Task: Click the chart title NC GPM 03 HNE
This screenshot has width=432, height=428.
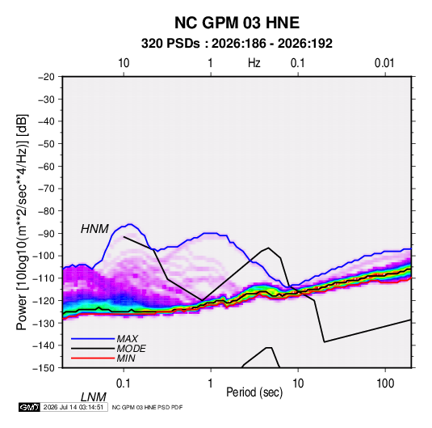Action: pos(237,23)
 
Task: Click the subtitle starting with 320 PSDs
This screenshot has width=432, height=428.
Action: pos(237,44)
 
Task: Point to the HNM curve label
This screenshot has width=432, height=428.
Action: pos(94,229)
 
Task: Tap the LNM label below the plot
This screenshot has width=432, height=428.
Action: pos(94,397)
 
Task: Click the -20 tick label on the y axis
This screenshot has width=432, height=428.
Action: pos(46,77)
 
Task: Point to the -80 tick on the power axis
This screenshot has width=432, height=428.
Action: pos(46,211)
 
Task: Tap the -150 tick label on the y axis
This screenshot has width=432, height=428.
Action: pos(44,368)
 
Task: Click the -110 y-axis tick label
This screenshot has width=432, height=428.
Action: pos(44,278)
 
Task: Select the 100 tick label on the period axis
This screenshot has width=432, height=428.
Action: pos(385,384)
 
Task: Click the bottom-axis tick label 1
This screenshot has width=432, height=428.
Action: pos(210,384)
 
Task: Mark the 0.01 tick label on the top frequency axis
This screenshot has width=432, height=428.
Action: pos(384,63)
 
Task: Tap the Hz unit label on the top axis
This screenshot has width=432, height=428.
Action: pos(254,63)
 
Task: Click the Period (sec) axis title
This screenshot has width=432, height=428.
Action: pos(254,392)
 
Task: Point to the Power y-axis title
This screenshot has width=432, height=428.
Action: pos(22,222)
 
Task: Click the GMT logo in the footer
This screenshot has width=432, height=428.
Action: pos(29,407)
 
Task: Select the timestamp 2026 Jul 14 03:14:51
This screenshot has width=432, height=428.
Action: pos(73,407)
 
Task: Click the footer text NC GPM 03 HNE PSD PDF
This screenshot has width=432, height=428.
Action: pos(147,407)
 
